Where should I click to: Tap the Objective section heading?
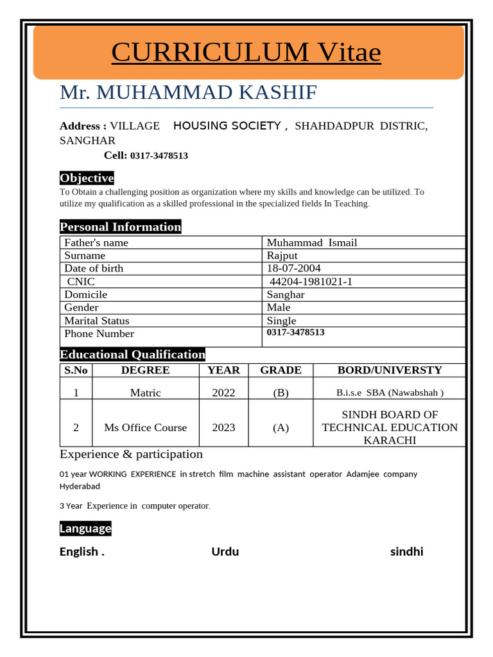pyautogui.click(x=87, y=178)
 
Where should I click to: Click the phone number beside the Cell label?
pyautogui.click(x=159, y=156)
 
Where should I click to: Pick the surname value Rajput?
pyautogui.click(x=282, y=255)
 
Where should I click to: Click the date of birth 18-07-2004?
pyautogui.click(x=294, y=268)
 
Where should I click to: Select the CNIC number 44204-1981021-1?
pyautogui.click(x=311, y=282)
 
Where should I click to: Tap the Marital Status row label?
pyautogui.click(x=97, y=321)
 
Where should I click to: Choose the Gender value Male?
pyautogui.click(x=279, y=307)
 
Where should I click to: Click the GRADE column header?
pyautogui.click(x=281, y=370)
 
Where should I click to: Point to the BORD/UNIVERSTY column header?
pyautogui.click(x=390, y=370)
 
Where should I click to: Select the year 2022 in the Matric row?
pyautogui.click(x=223, y=393)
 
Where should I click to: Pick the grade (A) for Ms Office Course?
pyautogui.click(x=281, y=428)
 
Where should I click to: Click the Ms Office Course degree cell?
pyautogui.click(x=146, y=428)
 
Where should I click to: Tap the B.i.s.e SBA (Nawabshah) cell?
pyautogui.click(x=390, y=393)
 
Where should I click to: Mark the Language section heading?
pyautogui.click(x=85, y=529)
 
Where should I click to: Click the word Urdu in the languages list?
pyautogui.click(x=225, y=552)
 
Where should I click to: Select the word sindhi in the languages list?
pyautogui.click(x=406, y=552)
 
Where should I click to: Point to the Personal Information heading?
pyautogui.click(x=120, y=226)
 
